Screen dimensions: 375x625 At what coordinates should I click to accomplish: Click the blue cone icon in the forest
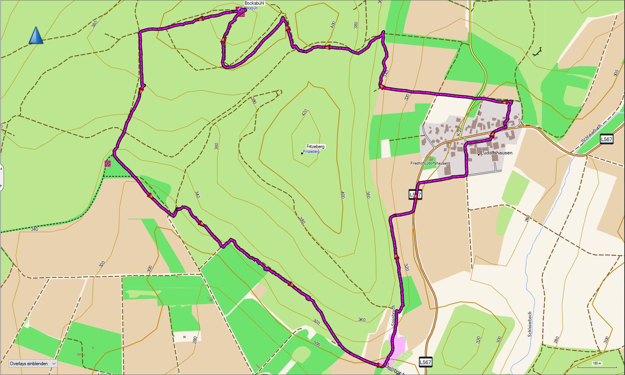[x=36, y=35]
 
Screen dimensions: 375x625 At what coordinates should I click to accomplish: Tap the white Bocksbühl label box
[x=254, y=3]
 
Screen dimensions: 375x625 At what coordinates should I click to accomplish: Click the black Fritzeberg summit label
[x=316, y=147]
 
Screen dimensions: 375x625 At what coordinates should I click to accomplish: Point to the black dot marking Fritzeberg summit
[x=302, y=153]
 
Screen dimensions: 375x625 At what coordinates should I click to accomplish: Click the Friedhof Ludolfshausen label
[x=429, y=163]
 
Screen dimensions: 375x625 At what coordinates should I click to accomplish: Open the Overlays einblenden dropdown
[x=33, y=364]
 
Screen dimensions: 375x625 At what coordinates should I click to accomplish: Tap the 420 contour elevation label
[x=305, y=113]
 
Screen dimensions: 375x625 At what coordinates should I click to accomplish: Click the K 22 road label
[x=459, y=131]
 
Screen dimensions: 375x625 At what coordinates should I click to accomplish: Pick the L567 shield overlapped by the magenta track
[x=415, y=194]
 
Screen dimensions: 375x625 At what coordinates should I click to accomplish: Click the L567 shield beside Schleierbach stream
[x=606, y=139]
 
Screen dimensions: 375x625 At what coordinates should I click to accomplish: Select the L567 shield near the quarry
[x=425, y=362]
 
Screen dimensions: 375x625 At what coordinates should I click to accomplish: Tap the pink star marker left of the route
[x=108, y=164]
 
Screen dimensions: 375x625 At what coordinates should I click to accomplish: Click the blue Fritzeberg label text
[x=311, y=152]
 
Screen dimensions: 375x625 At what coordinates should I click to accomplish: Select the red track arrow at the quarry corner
[x=380, y=366]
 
